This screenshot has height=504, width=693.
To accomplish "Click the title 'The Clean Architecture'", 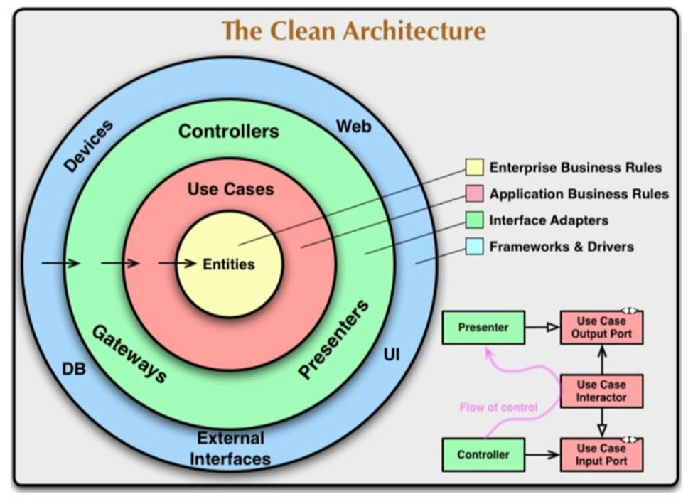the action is tap(353, 31).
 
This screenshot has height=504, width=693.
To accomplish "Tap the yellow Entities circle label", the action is tap(229, 264).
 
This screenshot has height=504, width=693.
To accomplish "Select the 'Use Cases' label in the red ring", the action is tap(231, 189).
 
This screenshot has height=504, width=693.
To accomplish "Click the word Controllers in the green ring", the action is tap(229, 132).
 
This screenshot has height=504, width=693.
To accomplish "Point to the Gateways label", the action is tap(129, 354).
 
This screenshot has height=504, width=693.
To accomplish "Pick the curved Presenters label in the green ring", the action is tap(333, 339).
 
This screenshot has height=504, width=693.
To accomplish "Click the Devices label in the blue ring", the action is tap(88, 146).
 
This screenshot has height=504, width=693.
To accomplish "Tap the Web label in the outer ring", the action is tap(353, 127).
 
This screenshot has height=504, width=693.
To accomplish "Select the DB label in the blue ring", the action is tap(74, 369).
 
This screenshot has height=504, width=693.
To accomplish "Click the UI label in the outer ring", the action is tap(392, 355).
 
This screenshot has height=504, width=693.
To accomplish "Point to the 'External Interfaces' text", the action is tap(230, 449).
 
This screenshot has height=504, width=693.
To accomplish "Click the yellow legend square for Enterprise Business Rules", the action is tap(474, 168).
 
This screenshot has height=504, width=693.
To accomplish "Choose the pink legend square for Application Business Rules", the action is tap(474, 193).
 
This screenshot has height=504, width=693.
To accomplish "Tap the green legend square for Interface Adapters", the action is tap(474, 220).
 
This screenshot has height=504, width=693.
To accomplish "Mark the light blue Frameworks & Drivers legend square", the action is tap(474, 246).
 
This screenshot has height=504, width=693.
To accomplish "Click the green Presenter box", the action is tap(483, 328).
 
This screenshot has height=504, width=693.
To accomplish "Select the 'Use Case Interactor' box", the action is tap(601, 391).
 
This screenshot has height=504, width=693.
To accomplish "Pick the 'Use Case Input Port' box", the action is tap(601, 455).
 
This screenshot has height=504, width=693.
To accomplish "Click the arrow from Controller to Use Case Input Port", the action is tap(542, 454).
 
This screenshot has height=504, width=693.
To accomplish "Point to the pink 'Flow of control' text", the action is tap(498, 407).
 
